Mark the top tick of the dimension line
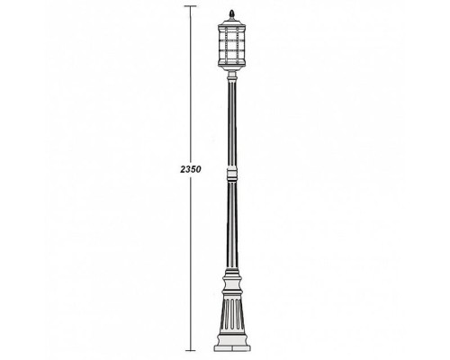point(190,7)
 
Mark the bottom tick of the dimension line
point(190,349)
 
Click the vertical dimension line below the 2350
point(190,261)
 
